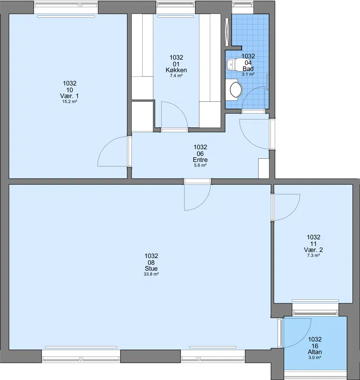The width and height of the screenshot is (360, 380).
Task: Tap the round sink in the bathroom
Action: (x=236, y=90)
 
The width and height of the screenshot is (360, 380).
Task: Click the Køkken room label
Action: (x=176, y=70)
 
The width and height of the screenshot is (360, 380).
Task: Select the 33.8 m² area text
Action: (x=151, y=274)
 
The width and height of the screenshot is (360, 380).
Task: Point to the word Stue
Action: (x=151, y=268)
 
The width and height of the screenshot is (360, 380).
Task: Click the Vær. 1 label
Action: (x=70, y=96)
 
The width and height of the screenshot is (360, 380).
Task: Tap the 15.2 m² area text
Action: (x=70, y=102)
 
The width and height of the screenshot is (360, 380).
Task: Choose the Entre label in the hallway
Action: (x=200, y=160)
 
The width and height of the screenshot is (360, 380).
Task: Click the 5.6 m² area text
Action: (x=200, y=165)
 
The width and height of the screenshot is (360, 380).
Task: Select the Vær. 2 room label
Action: (x=313, y=250)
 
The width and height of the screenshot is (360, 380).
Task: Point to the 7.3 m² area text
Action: (x=313, y=255)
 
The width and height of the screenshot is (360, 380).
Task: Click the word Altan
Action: (x=315, y=352)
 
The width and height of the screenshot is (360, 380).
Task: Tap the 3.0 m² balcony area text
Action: (x=315, y=358)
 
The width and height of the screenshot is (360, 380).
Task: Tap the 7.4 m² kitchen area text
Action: (x=176, y=76)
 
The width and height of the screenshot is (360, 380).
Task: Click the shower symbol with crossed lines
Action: (x=227, y=32)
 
